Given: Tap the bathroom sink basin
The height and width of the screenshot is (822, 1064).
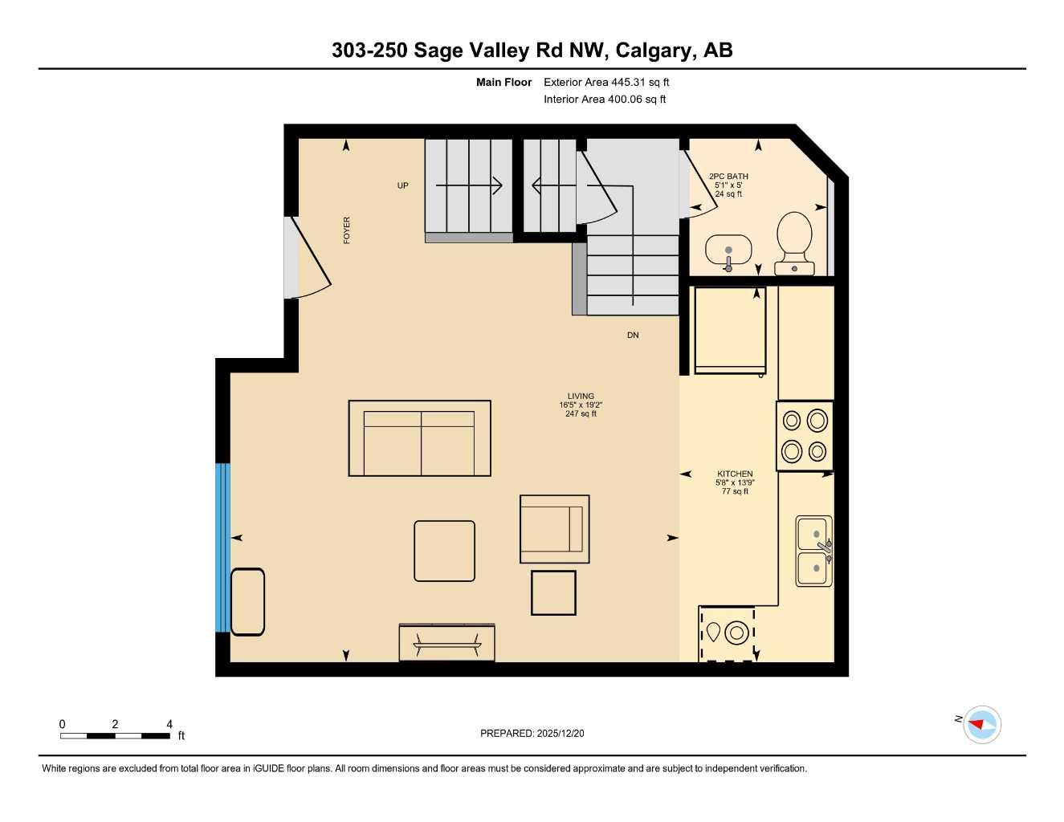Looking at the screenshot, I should [x=728, y=249].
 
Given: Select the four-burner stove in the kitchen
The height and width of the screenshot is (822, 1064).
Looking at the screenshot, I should [x=805, y=436].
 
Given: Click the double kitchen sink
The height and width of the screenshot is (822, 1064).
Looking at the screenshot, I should [x=814, y=551].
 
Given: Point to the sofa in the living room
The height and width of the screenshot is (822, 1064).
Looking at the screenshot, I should [x=419, y=438].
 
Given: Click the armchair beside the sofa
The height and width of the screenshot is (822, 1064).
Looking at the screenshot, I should [x=554, y=529].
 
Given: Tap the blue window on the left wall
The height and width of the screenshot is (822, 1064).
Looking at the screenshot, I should [x=222, y=547].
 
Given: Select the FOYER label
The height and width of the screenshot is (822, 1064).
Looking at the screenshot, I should [x=347, y=230].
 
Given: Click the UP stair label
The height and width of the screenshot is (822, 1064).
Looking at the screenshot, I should [x=402, y=185].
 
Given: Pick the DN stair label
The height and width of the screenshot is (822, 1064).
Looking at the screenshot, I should [x=633, y=335].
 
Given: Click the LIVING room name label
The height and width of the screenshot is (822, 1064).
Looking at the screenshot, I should [x=581, y=396].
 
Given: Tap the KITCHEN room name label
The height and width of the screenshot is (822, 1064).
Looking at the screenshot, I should [x=735, y=474].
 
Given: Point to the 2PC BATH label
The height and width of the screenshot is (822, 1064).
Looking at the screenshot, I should [x=728, y=177].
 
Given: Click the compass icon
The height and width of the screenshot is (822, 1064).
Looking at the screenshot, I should [x=981, y=724].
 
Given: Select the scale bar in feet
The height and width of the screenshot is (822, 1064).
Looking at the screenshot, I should [x=115, y=735].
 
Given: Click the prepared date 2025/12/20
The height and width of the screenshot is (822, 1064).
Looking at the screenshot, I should [x=532, y=733].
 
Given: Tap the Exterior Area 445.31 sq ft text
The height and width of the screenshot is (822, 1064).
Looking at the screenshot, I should [x=606, y=82].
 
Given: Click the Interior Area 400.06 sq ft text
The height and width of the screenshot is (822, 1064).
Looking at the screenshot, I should [x=605, y=100].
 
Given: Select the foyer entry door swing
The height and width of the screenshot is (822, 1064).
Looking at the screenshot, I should [x=309, y=257].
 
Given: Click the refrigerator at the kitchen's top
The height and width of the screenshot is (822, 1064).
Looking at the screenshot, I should [x=730, y=330].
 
